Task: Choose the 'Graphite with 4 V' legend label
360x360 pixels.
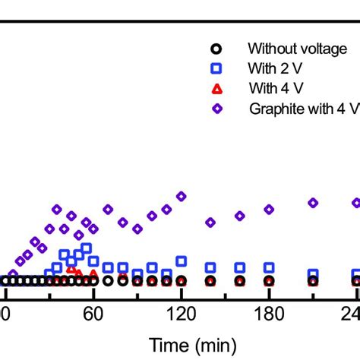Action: [303, 108]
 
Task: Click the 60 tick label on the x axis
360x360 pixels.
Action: [93, 313]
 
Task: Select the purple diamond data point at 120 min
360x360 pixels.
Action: [181, 197]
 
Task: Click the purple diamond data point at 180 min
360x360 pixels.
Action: [268, 209]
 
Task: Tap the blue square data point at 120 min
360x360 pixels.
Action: [181, 261]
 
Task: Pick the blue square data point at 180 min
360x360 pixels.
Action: [268, 267]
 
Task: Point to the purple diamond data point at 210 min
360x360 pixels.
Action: [312, 202]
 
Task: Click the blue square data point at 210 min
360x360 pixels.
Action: [312, 273]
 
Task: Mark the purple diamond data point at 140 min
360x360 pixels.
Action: [210, 223]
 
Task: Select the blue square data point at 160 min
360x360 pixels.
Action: [239, 267]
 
